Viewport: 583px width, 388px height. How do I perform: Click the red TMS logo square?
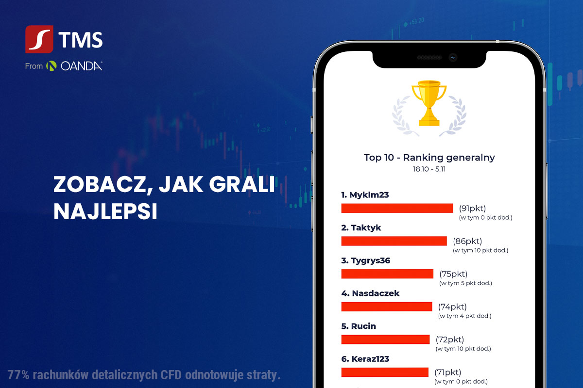pos(39,39)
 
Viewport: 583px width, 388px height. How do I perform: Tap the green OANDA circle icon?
pos(51,66)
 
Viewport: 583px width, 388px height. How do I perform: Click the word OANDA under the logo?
pos(82,66)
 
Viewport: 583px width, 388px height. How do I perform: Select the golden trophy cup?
pos(429,103)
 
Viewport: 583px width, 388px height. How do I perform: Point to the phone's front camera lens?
pos(453,57)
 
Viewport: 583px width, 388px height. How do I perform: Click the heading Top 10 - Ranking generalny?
pos(429,158)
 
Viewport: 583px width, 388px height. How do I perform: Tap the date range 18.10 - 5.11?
pos(429,169)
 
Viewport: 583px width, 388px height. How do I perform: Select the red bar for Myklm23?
pos(397,208)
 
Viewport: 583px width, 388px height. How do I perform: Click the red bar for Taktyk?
pos(394,241)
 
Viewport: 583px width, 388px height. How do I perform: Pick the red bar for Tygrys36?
pos(387,274)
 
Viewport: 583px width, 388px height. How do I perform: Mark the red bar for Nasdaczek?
pos(387,307)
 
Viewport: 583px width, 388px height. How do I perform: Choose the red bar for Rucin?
pos(385,339)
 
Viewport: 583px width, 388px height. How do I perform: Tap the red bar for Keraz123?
pos(385,372)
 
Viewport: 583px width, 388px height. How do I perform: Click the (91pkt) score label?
pos(472,209)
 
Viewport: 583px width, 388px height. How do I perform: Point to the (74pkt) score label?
pos(452,307)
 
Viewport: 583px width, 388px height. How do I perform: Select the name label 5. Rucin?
pos(359,326)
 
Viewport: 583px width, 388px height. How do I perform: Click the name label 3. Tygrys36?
pos(366,260)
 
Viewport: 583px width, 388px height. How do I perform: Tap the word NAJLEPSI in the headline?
pos(105,211)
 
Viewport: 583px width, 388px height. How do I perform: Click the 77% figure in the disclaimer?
pos(18,375)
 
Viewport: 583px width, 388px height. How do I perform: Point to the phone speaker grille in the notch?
pos(429,57)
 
